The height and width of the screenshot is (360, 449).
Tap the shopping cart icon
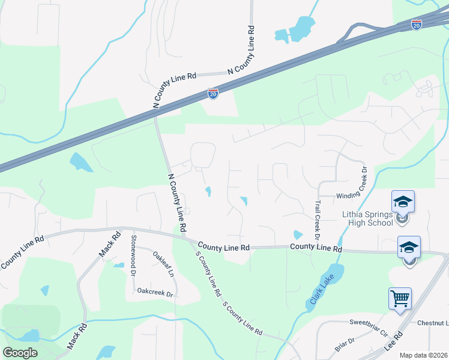pos(400,298)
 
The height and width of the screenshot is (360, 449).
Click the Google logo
pos(20,353)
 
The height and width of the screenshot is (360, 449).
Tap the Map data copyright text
pos(423,355)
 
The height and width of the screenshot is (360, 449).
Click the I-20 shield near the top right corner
pos(417,25)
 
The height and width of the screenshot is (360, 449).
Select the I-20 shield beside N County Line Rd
pos(212,94)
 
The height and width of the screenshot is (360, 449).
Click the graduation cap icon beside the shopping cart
pos(409,247)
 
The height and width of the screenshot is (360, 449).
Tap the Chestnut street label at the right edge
pos(429,323)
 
